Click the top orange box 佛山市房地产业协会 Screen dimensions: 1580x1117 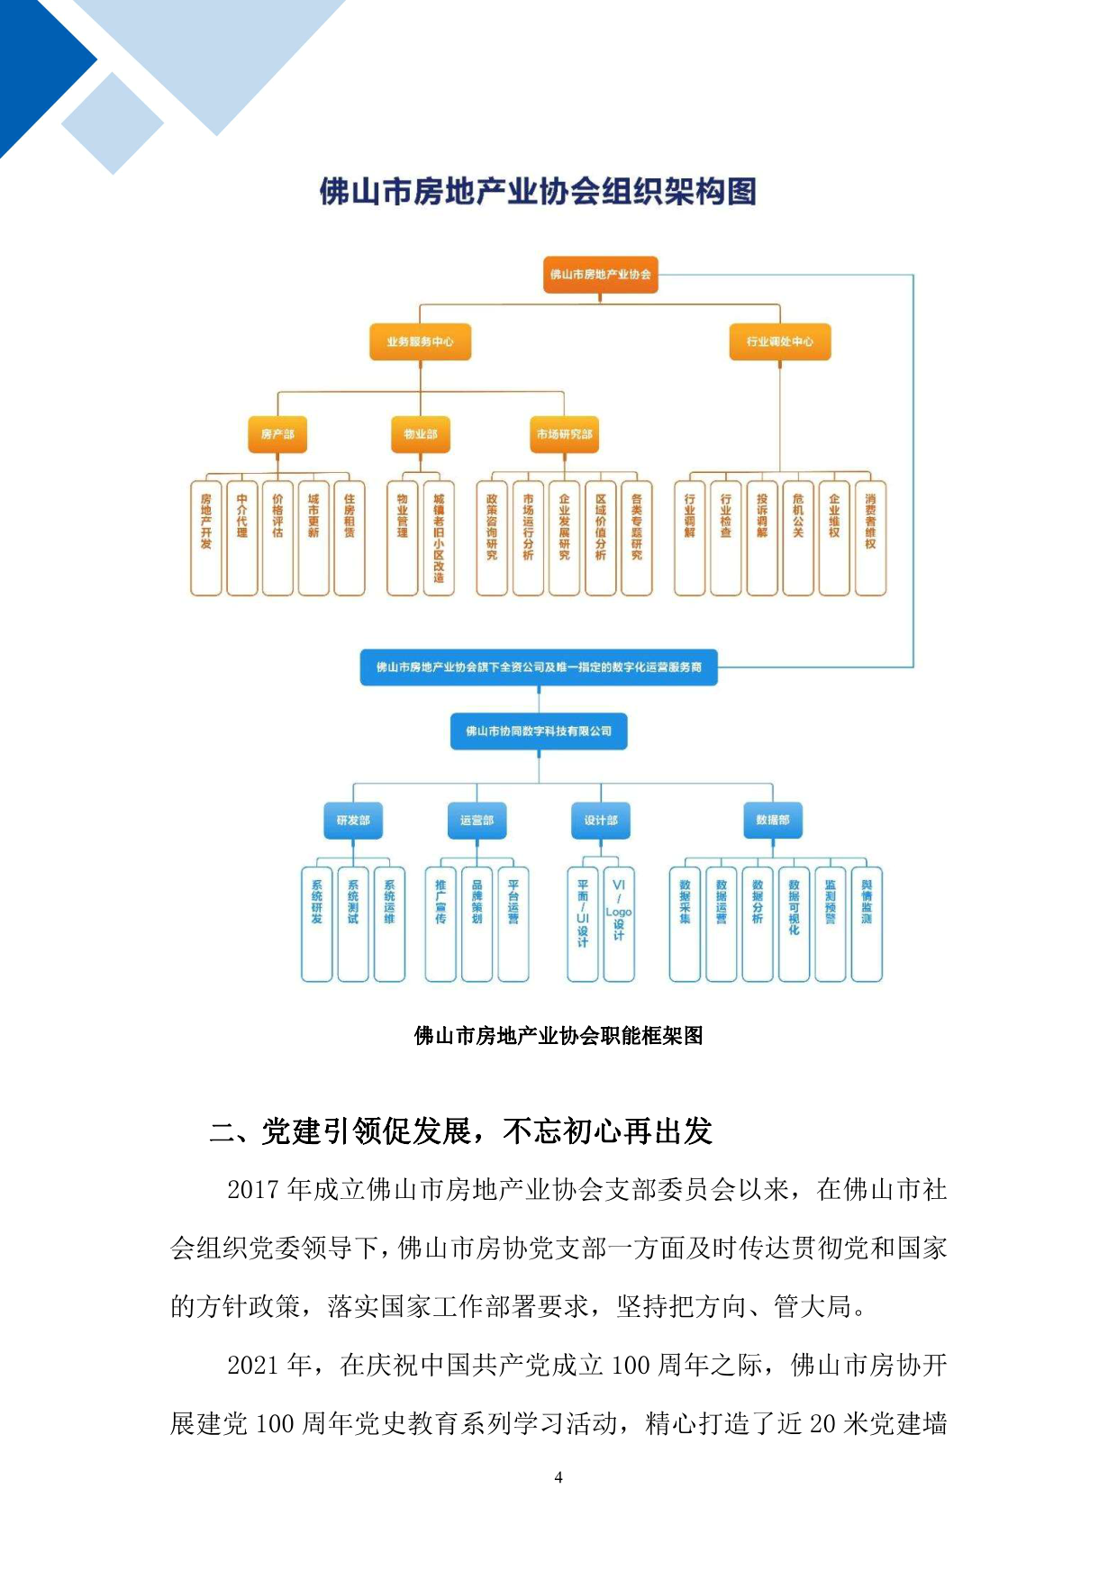pos(600,274)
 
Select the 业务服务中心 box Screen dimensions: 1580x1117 pos(420,341)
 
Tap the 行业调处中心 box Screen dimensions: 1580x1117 pos(779,341)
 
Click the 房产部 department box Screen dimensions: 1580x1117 pos(277,434)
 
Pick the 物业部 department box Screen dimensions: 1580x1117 pos(420,434)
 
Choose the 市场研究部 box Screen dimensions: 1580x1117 pos(564,434)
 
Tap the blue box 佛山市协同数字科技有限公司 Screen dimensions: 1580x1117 pos(539,731)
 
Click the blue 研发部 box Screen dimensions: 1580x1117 pos(353,820)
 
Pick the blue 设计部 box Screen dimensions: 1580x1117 pos(601,820)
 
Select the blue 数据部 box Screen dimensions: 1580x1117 pos(772,820)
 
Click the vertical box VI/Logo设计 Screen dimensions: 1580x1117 pos(619,923)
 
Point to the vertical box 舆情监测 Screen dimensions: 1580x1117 pos(867,923)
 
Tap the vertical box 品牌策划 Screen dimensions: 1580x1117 pos(477,923)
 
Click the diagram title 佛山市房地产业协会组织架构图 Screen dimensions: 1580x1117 pos(538,192)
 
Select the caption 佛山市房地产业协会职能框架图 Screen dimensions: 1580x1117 pos(558,1036)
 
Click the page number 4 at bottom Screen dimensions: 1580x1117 pos(558,1477)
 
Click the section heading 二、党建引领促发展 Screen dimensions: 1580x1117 pos(459,1131)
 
